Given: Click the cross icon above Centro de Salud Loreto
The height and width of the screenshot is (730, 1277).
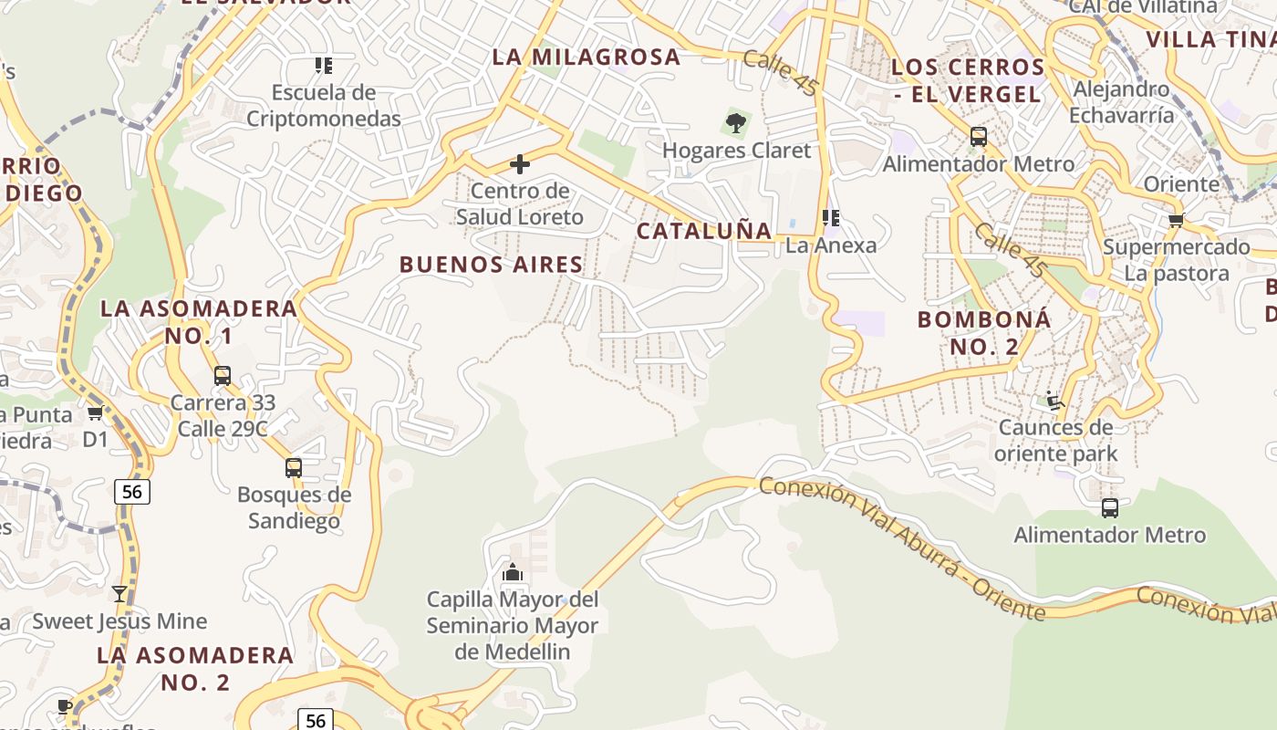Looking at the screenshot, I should click(x=520, y=164).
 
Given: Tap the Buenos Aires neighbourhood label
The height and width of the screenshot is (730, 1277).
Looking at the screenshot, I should click(x=491, y=265).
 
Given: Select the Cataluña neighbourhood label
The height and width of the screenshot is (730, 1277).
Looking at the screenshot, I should click(x=704, y=230).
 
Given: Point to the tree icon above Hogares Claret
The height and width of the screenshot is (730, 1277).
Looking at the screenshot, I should click(x=736, y=123).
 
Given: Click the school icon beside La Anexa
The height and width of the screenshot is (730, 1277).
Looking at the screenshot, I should click(x=830, y=218).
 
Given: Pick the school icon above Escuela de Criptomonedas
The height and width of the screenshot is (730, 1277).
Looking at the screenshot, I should click(x=324, y=66).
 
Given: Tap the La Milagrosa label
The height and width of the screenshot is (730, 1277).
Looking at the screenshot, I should click(x=587, y=57).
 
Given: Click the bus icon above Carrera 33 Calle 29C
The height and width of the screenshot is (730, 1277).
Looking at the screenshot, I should click(x=223, y=376).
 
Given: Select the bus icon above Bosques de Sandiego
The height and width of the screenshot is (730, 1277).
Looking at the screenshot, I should click(x=294, y=468).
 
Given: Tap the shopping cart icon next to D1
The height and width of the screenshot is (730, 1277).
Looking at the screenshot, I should click(x=95, y=413).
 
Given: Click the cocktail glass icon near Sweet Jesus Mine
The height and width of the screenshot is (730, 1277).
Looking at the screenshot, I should click(x=119, y=594).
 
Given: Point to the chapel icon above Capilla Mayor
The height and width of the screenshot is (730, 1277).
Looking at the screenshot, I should click(x=513, y=573).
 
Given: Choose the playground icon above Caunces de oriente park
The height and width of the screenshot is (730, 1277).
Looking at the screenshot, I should click(x=1054, y=401).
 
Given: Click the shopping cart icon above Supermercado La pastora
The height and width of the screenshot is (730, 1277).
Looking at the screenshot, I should click(x=1177, y=220).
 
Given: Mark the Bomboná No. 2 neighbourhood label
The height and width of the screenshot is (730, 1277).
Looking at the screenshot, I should click(x=984, y=333).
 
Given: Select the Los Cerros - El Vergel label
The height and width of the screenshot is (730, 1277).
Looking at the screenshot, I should click(x=967, y=80).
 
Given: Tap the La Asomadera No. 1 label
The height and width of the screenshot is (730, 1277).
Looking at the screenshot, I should click(x=199, y=322).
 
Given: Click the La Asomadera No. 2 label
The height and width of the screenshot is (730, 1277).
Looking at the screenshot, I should click(x=195, y=668).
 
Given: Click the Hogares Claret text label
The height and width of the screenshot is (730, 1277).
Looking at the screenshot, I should click(x=736, y=151).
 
